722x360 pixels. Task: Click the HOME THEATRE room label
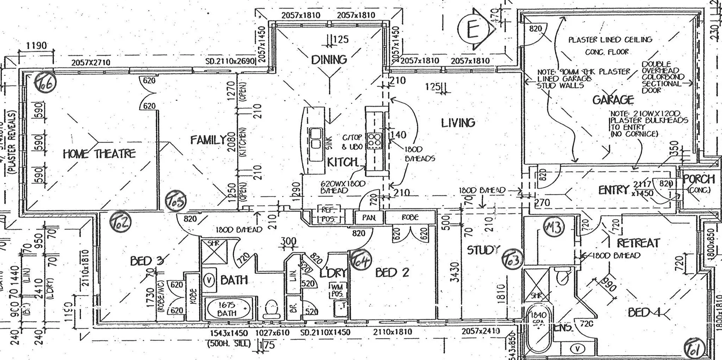click(x=99, y=153)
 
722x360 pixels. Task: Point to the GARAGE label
click(x=613, y=100)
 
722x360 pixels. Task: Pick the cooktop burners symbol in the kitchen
click(x=375, y=141)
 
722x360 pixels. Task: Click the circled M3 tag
click(x=554, y=228)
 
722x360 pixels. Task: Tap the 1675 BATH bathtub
click(x=228, y=309)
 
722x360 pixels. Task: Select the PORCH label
click(x=699, y=179)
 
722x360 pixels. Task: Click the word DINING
click(x=329, y=59)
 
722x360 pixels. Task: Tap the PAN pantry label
click(x=369, y=217)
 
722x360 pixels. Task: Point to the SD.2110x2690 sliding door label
click(x=231, y=61)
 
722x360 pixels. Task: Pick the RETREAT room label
click(x=638, y=243)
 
